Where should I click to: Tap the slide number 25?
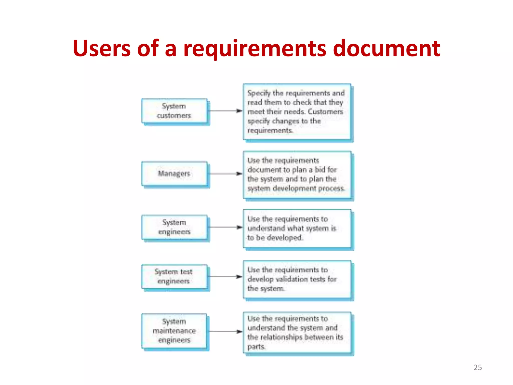[477, 367]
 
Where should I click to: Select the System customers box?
[174, 111]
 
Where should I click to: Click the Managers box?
[174, 173]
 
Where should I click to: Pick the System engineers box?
[174, 227]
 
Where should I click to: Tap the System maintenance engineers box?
[174, 331]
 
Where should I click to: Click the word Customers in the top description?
[325, 112]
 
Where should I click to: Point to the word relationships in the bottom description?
[281, 337]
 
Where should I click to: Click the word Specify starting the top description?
[259, 93]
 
